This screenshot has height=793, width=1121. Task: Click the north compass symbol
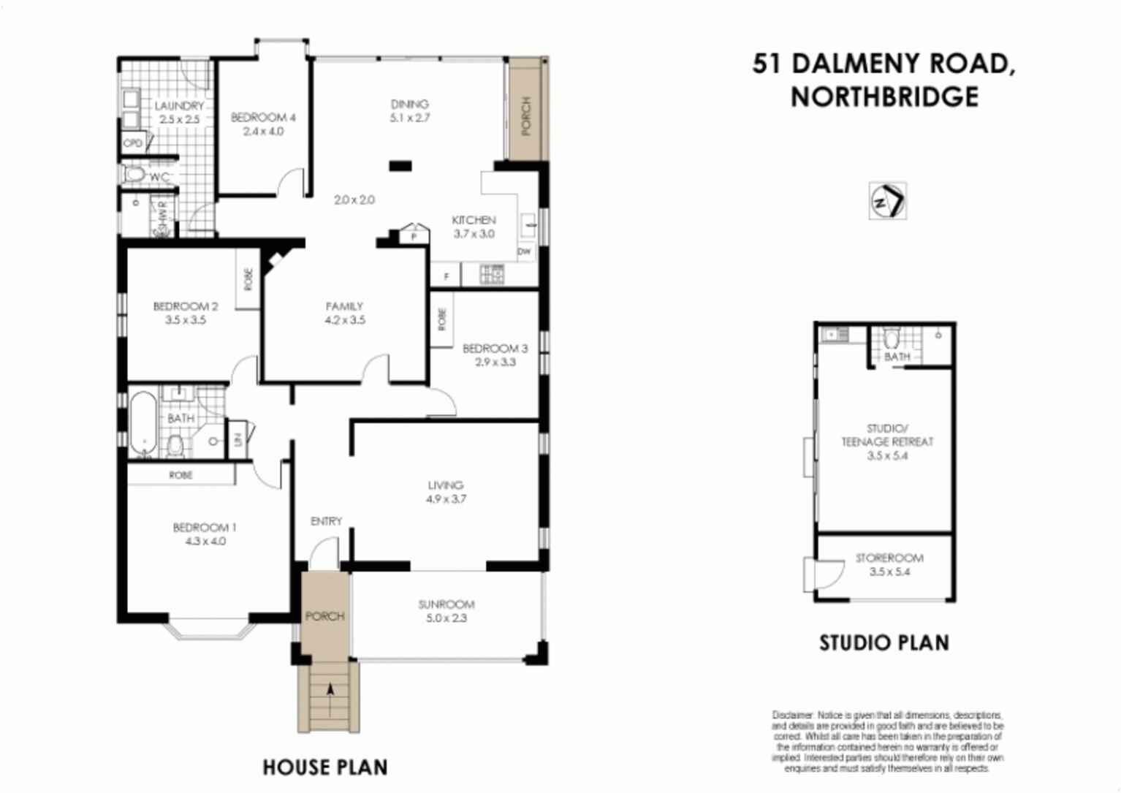[887, 200]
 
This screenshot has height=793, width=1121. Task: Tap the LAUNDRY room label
[179, 106]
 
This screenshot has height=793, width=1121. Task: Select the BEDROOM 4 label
[263, 117]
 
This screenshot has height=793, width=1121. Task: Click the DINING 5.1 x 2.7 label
[410, 110]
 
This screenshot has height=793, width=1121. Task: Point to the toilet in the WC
[135, 175]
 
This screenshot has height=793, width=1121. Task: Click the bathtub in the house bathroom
[143, 424]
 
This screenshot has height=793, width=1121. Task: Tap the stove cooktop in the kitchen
[492, 274]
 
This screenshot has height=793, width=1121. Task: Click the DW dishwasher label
[524, 251]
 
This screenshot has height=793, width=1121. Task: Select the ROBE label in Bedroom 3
[442, 318]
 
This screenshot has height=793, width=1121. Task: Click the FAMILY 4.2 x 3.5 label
[345, 313]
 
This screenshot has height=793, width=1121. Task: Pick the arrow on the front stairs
[330, 689]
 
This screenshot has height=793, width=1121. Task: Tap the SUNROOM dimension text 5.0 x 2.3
[446, 618]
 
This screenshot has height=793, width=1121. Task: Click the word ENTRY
[326, 521]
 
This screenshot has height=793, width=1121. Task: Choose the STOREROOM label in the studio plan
[889, 558]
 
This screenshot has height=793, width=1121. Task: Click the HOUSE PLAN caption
[325, 767]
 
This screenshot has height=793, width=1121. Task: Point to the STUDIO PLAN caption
[884, 642]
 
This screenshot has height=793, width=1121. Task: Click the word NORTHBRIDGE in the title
[884, 96]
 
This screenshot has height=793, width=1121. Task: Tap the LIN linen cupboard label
[238, 439]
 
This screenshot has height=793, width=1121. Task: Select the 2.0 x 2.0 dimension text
[354, 200]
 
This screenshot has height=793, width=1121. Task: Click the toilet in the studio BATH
[892, 340]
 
